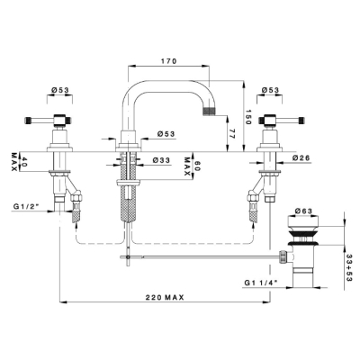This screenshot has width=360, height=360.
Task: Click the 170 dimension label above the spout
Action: coord(169,61)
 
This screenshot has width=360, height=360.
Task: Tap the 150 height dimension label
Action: coord(247,116)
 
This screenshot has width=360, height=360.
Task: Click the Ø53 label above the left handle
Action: coord(60,90)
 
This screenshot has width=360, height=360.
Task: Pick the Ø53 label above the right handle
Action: coord(270,90)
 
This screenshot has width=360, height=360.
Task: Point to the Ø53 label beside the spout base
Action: coord(166,134)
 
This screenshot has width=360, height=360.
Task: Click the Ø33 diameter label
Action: coord(161,160)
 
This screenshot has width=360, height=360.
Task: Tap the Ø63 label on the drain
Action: coord(303,211)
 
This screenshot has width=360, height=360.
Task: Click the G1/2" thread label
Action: coord(25,206)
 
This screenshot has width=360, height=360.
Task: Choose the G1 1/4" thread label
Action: coord(261,283)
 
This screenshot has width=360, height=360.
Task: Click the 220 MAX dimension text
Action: coord(165,298)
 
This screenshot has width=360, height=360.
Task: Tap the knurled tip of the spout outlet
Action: coord(210,111)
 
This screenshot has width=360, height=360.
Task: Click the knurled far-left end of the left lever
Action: coord(28,121)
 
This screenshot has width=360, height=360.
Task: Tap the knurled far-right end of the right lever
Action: coord(302,121)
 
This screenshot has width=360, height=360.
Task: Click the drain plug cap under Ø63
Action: coord(303,221)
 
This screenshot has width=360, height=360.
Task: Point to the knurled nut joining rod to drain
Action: coord(282,256)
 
